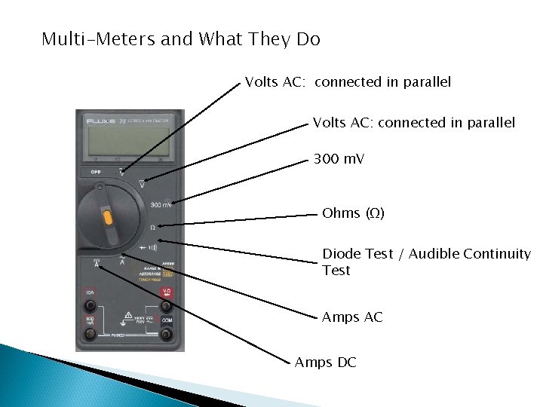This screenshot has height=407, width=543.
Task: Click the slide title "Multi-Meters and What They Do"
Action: (x=181, y=39)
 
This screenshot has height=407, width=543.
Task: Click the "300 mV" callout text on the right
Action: (x=339, y=159)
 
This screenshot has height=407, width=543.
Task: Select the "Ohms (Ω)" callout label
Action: (x=353, y=213)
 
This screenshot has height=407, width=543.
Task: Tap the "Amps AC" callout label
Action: (x=352, y=317)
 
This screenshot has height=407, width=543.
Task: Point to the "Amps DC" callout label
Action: (x=325, y=363)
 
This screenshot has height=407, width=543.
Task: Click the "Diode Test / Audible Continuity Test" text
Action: (x=426, y=262)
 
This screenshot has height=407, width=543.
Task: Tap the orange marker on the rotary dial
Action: (x=108, y=219)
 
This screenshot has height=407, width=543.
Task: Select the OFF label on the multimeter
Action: (x=96, y=171)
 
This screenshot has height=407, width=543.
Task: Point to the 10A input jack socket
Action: (x=90, y=305)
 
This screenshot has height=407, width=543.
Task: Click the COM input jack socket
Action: (x=166, y=334)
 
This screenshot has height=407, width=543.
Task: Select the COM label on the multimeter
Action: (x=167, y=321)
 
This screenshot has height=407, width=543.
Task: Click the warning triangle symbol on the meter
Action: (x=129, y=315)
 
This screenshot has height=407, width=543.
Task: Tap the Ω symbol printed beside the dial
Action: (x=152, y=226)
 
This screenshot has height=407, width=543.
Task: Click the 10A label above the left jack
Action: (x=90, y=292)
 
